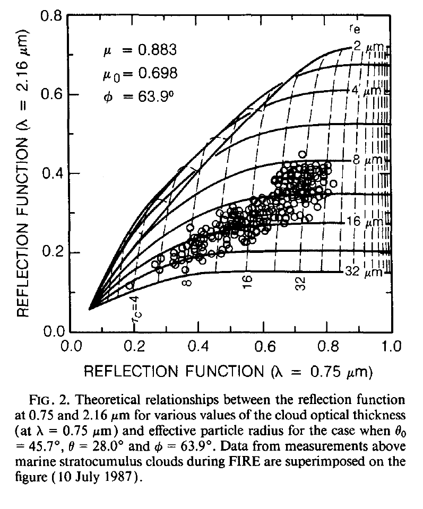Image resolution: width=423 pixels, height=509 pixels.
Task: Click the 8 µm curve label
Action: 365,159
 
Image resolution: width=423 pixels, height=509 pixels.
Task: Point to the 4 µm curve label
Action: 365,91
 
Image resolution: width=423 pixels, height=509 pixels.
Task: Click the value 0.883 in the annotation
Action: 153,50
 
